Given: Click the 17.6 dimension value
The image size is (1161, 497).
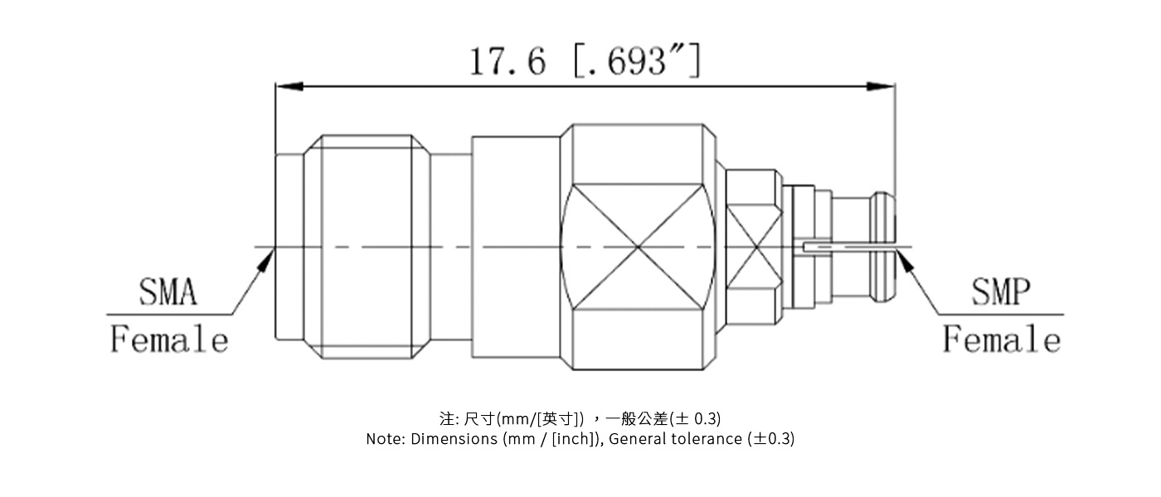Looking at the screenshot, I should (508, 61).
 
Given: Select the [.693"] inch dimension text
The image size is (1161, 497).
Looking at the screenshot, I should (637, 61).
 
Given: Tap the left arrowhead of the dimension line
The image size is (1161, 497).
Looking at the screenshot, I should (287, 86).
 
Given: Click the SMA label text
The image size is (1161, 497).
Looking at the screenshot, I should (168, 292).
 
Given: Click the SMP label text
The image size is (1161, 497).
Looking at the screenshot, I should (1001, 292).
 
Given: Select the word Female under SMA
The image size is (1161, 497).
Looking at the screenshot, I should (169, 340).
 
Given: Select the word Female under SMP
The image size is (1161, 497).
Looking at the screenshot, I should (1002, 340).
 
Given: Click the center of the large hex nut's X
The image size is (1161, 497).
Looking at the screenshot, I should (637, 247).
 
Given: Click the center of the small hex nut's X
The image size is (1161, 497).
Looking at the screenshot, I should (754, 247).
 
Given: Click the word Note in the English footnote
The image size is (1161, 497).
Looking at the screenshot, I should (385, 439).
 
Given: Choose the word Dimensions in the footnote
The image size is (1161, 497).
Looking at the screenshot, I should (454, 439).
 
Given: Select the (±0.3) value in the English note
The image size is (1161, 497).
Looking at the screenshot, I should (771, 439).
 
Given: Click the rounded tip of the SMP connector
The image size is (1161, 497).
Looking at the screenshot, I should (886, 247).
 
